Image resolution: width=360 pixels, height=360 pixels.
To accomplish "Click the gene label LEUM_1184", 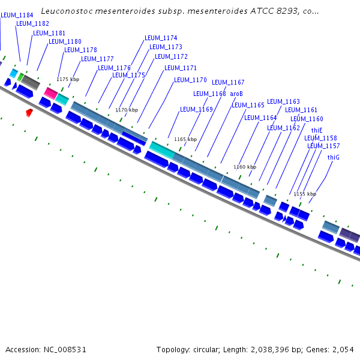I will [x=17, y=15].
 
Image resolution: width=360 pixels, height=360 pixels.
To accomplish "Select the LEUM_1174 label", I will [x=161, y=38].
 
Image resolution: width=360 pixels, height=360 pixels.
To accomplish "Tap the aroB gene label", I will [x=236, y=94].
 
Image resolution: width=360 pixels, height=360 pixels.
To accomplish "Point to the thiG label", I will [x=334, y=157].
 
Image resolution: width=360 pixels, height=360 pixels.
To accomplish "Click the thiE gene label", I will [x=317, y=130].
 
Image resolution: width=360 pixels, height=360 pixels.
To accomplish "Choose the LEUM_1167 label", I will [x=228, y=82].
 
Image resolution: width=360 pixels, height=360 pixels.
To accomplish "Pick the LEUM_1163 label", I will [x=283, y=102].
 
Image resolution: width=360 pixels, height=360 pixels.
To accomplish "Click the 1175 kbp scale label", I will [x=68, y=79].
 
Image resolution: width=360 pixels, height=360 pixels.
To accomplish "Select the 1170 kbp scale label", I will [x=127, y=110].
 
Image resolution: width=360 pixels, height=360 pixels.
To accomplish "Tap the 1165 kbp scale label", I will [x=185, y=139].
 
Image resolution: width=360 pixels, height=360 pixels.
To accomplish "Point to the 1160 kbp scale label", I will [x=245, y=167].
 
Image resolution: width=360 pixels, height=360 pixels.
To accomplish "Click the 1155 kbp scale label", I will [x=304, y=194].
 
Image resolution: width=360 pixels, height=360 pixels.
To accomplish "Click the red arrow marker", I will [x=29, y=112].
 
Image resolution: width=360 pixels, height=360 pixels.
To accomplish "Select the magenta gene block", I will [x=50, y=93].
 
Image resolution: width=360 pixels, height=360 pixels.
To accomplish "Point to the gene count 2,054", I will [x=343, y=349].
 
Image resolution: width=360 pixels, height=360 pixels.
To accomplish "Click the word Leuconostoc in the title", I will [x=67, y=11].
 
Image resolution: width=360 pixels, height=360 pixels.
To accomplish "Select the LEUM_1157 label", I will [x=323, y=146].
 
